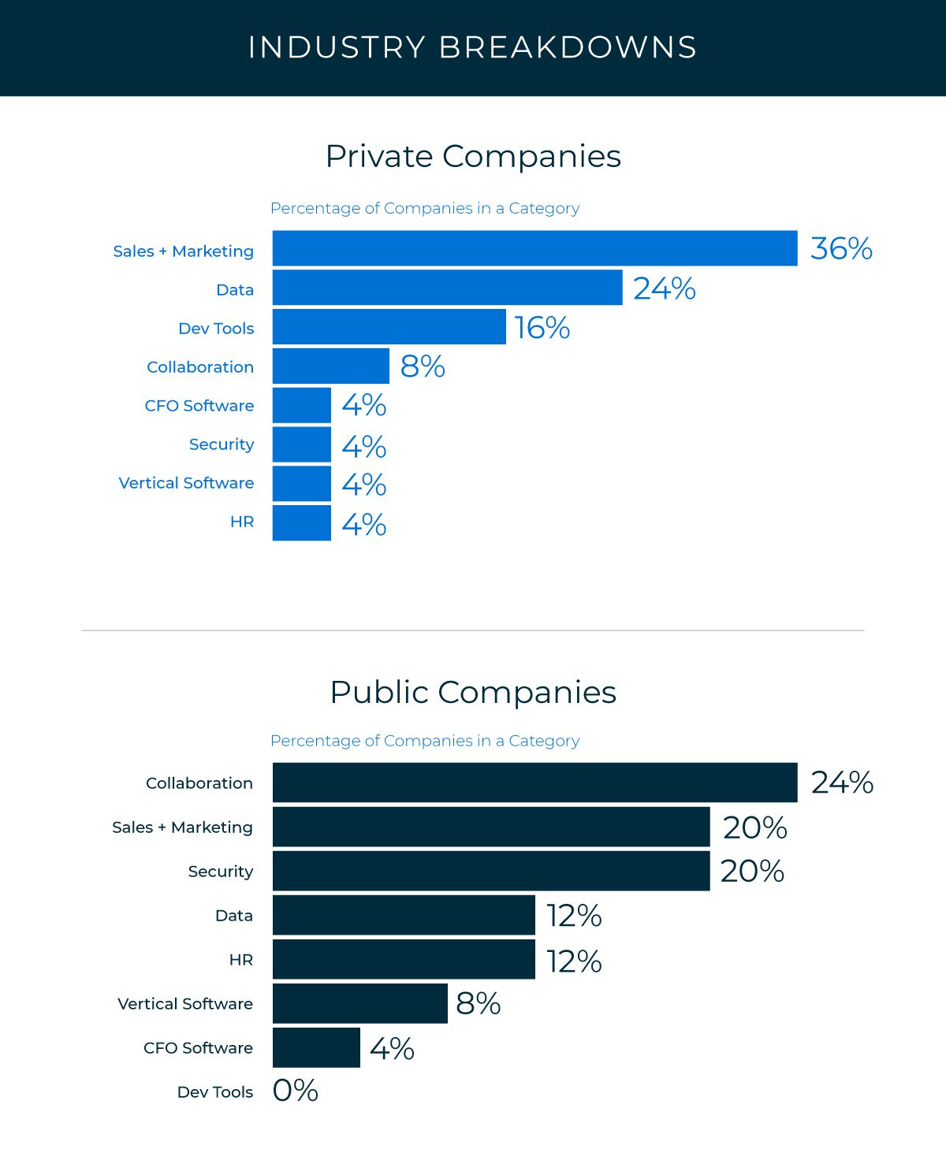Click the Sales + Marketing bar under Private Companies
[x=534, y=248]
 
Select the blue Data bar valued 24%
[x=447, y=287]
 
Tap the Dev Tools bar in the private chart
[x=389, y=326]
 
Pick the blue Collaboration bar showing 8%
[x=331, y=366]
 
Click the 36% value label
[x=841, y=248]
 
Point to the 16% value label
[x=542, y=328]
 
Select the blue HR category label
[x=242, y=522]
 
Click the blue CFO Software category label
[x=199, y=406]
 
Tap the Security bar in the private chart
[x=301, y=444]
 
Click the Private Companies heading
[x=473, y=157]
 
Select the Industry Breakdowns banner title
[x=472, y=47]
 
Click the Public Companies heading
[x=473, y=693]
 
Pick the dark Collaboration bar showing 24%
[x=534, y=783]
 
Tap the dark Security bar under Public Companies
[x=491, y=871]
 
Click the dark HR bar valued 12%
[x=404, y=959]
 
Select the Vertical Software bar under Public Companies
[x=360, y=1003]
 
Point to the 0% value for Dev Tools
[x=295, y=1091]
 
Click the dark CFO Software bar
[x=316, y=1048]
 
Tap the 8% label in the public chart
[x=478, y=1003]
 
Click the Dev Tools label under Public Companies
[x=215, y=1092]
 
